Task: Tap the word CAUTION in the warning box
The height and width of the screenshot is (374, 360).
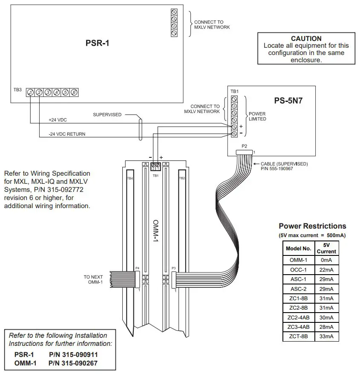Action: pos(306,38)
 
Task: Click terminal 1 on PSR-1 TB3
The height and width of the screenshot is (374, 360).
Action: pos(30,92)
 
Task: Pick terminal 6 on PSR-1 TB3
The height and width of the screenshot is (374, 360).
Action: pos(74,92)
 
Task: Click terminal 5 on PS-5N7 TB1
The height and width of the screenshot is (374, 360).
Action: pos(234,127)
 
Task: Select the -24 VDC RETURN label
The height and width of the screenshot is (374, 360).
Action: pos(67,134)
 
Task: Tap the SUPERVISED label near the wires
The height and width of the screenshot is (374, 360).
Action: pos(107,115)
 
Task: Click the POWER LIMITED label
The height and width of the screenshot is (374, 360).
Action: pos(257,116)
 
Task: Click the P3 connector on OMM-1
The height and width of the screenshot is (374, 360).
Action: pos(174,280)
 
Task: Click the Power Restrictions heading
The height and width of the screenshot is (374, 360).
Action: pos(312,226)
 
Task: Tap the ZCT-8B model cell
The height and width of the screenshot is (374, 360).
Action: pos(298,336)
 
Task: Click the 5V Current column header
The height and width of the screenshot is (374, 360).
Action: pos(326,248)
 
